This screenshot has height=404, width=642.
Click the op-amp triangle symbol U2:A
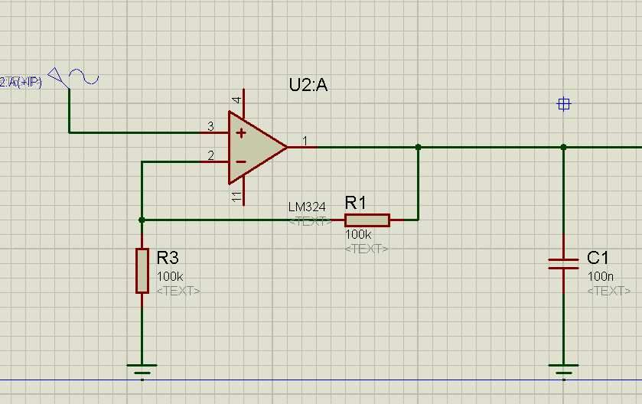(x=254, y=148)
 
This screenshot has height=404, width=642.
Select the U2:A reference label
(x=308, y=86)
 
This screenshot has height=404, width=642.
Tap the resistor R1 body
(x=367, y=220)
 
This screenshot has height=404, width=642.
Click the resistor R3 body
(x=142, y=270)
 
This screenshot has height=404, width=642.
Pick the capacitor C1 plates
(x=563, y=264)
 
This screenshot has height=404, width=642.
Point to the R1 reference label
(x=356, y=203)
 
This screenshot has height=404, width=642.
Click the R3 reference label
(x=168, y=256)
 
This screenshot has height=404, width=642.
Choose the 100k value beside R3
(x=169, y=275)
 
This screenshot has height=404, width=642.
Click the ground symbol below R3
(x=142, y=370)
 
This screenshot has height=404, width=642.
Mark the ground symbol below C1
(x=563, y=370)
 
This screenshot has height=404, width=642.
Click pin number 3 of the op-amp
(x=210, y=126)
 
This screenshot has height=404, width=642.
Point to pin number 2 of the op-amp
(x=210, y=156)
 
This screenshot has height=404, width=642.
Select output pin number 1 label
(x=305, y=141)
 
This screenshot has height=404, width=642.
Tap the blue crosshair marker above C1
(x=564, y=105)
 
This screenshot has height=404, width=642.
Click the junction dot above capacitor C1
(x=563, y=147)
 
